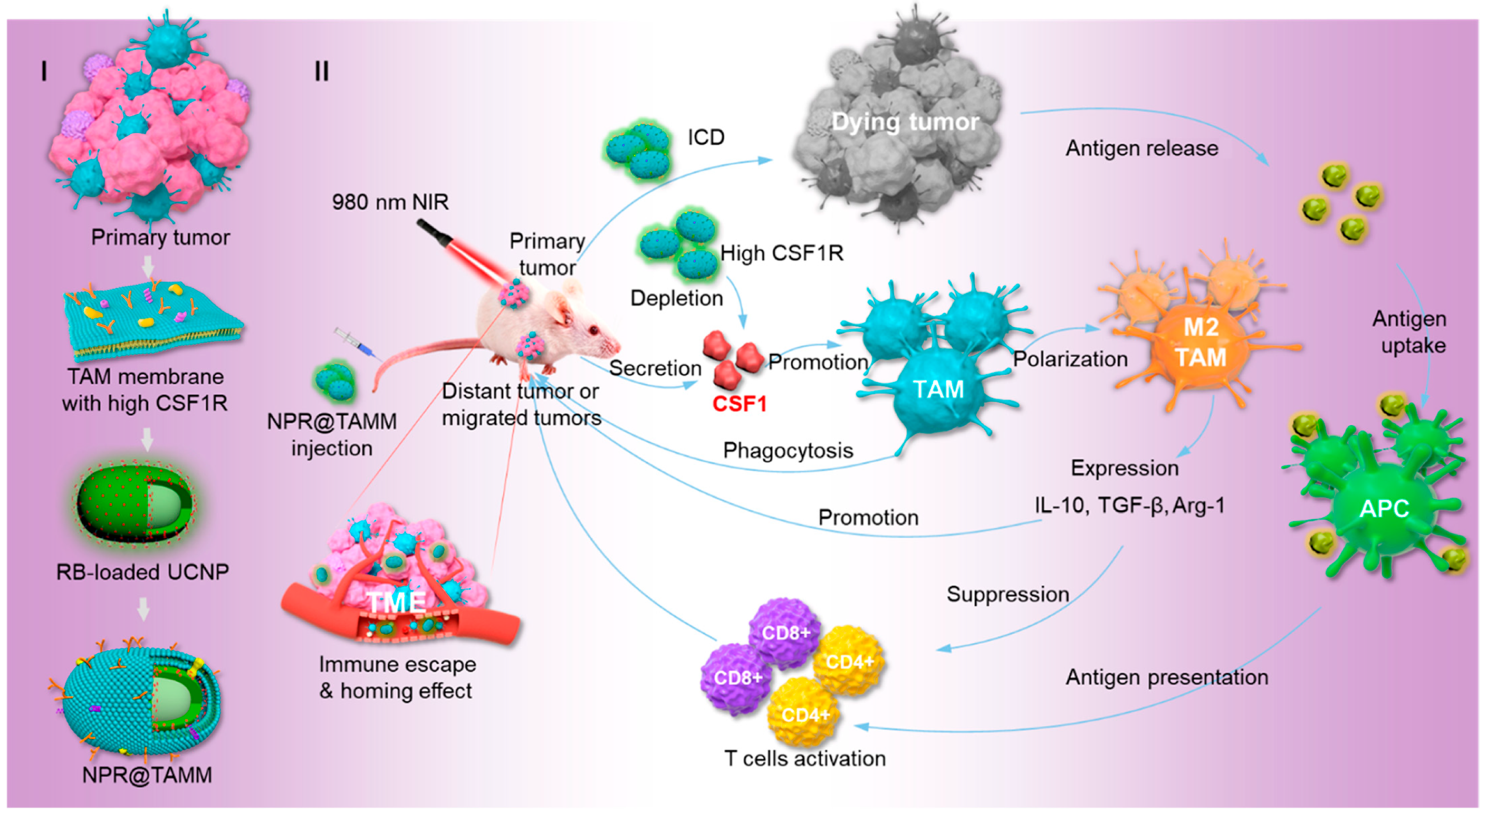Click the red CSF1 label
tap(739, 404)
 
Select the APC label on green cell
tap(1384, 509)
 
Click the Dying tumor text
tap(904, 122)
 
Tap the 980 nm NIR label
tap(390, 202)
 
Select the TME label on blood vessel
tap(397, 602)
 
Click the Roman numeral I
tap(45, 72)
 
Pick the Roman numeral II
tap(322, 72)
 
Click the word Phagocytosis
tap(788, 451)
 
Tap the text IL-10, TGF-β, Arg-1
tap(1129, 505)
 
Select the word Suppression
tap(1007, 594)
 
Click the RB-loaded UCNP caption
tap(143, 571)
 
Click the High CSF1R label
tap(781, 253)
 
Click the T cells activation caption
tap(805, 758)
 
